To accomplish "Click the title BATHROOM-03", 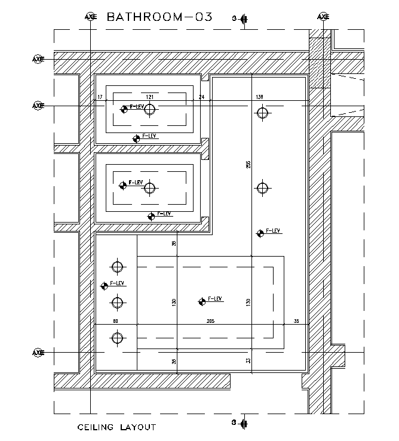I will click(159, 17).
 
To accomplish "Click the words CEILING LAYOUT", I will click(116, 427).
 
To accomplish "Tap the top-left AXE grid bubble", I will click(90, 17).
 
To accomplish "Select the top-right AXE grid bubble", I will click(323, 17).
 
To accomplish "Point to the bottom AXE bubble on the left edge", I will click(38, 353).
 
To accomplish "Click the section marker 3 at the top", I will click(241, 19).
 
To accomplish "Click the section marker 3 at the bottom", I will click(241, 423).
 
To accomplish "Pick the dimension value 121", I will click(151, 97).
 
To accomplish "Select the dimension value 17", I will click(100, 97).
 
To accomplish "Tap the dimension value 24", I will click(201, 97).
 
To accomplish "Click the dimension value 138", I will click(259, 97).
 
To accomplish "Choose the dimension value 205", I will click(210, 322).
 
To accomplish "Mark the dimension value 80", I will click(115, 322).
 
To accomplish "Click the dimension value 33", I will click(248, 360).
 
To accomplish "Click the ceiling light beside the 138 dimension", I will click(262, 112).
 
